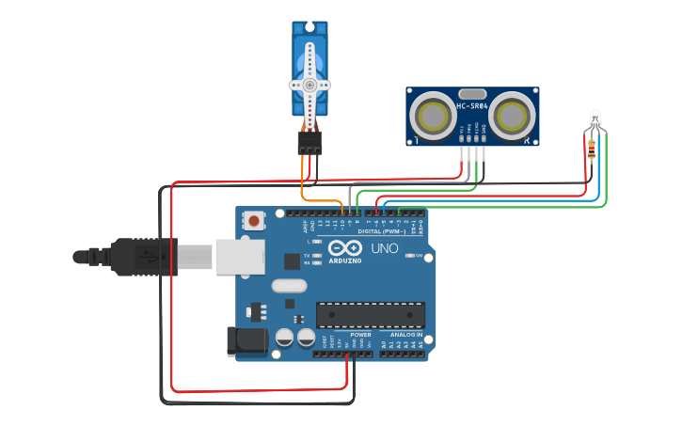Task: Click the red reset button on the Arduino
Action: (254, 221)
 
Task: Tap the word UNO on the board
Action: (384, 248)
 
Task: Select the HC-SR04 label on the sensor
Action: (472, 106)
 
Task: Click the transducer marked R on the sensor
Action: (511, 116)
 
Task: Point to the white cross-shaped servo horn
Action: (309, 85)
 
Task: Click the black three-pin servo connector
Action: (309, 142)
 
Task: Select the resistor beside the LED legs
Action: (591, 149)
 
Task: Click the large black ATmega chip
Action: (370, 315)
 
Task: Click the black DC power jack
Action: (244, 340)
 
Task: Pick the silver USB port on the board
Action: (239, 256)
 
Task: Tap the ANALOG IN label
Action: (406, 335)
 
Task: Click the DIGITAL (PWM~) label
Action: (382, 230)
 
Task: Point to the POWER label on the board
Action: (360, 335)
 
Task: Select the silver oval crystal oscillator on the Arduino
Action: (289, 285)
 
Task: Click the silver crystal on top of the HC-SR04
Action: (472, 93)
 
